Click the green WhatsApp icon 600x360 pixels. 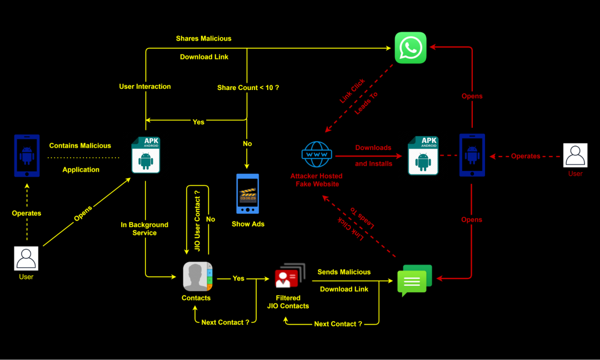coord(411,47)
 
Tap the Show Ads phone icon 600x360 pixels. coord(247,194)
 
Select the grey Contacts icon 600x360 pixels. coord(198,276)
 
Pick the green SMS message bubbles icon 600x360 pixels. coord(414,280)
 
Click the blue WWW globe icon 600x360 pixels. coord(317,154)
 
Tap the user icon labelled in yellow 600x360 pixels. coord(26,258)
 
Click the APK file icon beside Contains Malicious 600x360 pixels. coord(146,155)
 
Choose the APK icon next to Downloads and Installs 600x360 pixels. coord(423,156)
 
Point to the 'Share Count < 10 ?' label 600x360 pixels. coord(248,88)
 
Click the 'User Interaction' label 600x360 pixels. coord(145,87)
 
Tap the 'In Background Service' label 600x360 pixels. coord(144,229)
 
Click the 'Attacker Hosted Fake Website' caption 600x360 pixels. coord(317,180)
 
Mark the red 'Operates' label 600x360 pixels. coord(526,156)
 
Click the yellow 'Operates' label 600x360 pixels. coord(27,213)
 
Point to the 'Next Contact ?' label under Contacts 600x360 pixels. coord(225,322)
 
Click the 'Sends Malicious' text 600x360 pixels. coord(344,272)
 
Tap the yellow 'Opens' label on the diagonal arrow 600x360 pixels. coord(83,214)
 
